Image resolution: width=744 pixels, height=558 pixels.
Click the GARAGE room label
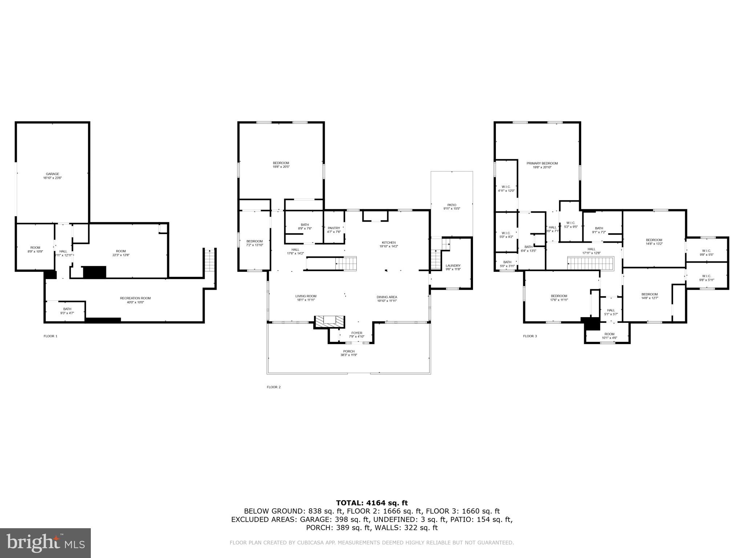click(x=52, y=174)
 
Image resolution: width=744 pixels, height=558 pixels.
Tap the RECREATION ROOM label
click(x=135, y=298)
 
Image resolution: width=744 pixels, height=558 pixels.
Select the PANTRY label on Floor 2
click(x=333, y=228)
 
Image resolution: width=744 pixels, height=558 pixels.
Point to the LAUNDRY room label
click(x=453, y=266)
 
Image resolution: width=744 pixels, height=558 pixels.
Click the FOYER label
click(x=356, y=333)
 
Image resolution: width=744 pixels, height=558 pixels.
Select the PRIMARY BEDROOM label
click(x=542, y=163)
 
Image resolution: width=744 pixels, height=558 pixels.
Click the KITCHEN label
click(x=388, y=243)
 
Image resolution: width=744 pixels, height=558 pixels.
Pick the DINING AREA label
click(x=387, y=297)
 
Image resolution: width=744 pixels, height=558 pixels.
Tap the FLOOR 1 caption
click(x=50, y=336)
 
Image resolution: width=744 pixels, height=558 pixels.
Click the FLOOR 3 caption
click(x=530, y=336)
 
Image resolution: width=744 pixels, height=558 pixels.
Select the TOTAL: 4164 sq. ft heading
click(x=372, y=503)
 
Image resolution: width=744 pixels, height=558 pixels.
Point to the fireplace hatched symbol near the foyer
click(x=329, y=321)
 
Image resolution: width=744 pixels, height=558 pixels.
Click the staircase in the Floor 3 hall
click(x=590, y=263)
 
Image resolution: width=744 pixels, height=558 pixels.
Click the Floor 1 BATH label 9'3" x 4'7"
click(x=67, y=311)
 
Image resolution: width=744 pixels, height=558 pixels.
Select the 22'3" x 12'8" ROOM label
click(x=121, y=253)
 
